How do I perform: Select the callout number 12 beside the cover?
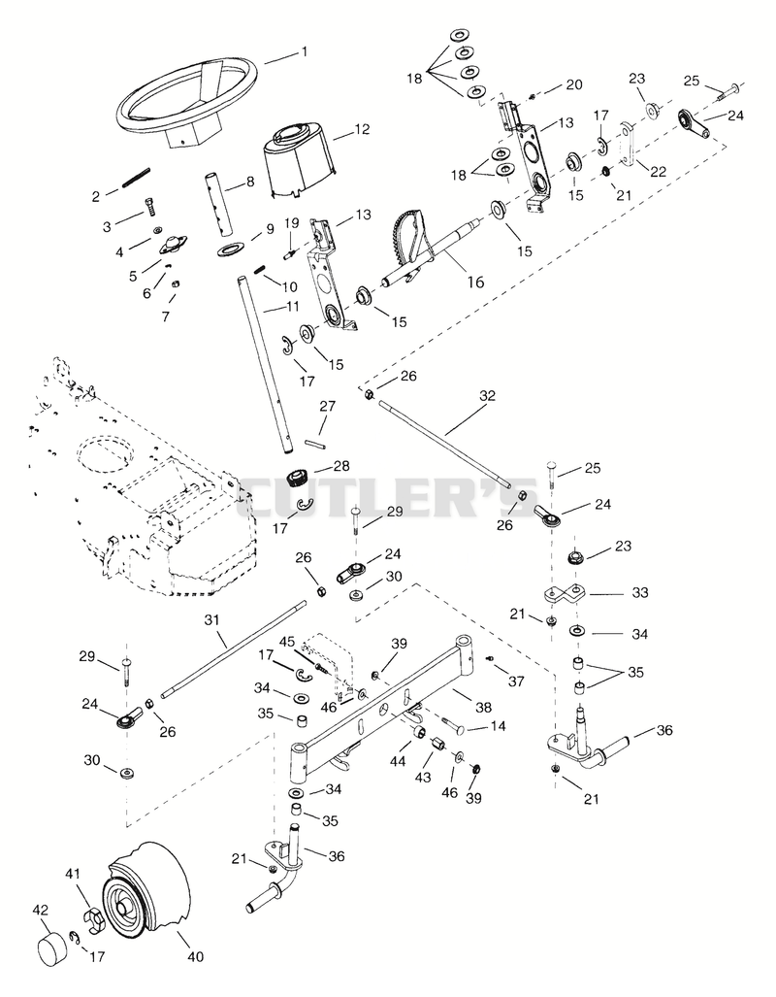point(362,129)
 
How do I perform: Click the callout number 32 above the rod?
point(487,395)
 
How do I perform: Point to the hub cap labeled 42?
point(52,950)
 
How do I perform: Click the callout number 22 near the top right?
point(659,172)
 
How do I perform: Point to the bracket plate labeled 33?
point(565,595)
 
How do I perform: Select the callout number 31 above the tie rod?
point(211,618)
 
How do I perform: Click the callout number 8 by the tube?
point(249,182)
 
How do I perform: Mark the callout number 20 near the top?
point(574,85)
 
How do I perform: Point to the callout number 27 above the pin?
point(327,406)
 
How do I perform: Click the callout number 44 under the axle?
point(398,760)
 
